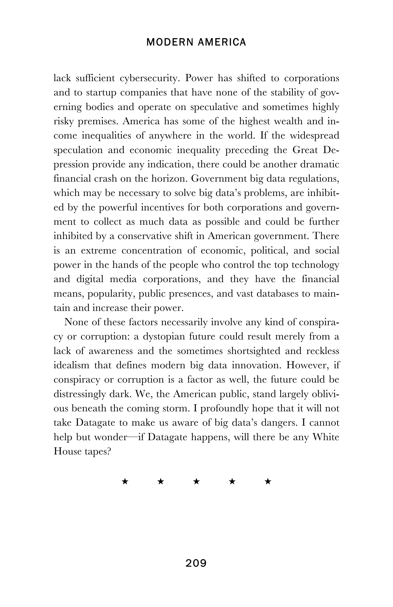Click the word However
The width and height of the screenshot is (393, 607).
pyautogui.click(x=308, y=365)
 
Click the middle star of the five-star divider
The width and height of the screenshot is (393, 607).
pyautogui.click(x=196, y=482)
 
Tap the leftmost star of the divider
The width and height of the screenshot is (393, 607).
pyautogui.click(x=125, y=482)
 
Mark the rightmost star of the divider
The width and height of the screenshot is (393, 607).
pyautogui.click(x=268, y=482)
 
